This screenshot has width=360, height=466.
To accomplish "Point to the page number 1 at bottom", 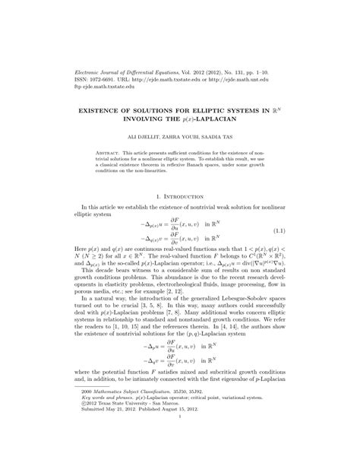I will [179, 439].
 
